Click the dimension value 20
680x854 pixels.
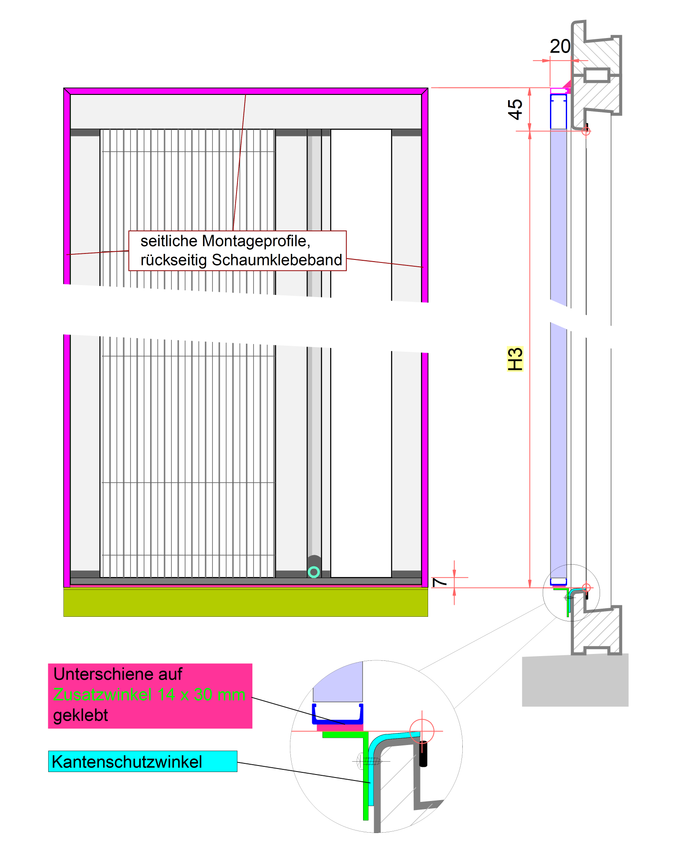(560, 46)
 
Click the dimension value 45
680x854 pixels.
(515, 109)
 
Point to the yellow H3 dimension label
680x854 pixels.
(515, 359)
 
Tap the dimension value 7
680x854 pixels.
(439, 582)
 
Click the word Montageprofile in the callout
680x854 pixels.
(256, 241)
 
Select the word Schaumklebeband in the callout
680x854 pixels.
(277, 260)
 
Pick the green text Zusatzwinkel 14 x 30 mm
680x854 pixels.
(149, 695)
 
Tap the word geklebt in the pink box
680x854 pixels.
(80, 716)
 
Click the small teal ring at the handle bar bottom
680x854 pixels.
(314, 572)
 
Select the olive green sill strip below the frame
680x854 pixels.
(245, 602)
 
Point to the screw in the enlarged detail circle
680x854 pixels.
(370, 761)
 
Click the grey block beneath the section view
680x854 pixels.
(575, 680)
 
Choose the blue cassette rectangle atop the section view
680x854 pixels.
(558, 112)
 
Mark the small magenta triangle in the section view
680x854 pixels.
(567, 85)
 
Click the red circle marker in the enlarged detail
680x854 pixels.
(422, 731)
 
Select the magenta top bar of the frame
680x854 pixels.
(245, 91)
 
